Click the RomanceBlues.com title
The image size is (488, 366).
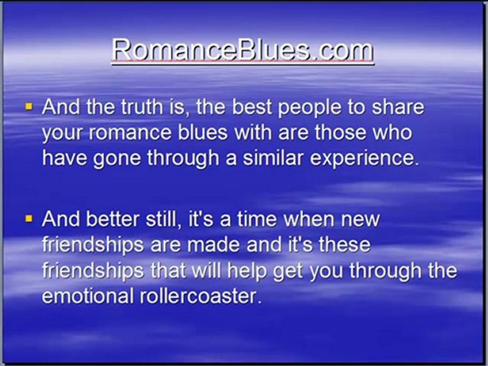click(243, 50)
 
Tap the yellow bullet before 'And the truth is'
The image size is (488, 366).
click(29, 107)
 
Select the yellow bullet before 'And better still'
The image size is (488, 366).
click(29, 219)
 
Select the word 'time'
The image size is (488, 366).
click(257, 219)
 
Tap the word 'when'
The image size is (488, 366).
click(309, 219)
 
